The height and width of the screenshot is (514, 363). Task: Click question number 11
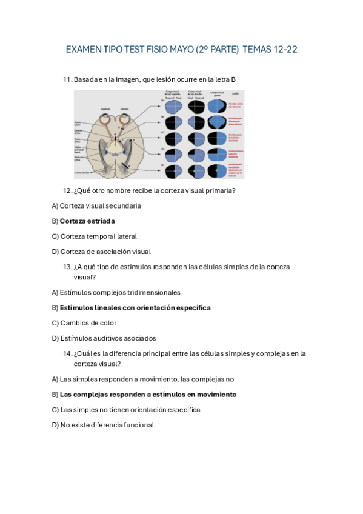[67, 79]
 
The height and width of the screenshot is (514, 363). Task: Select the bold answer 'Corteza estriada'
[87, 221]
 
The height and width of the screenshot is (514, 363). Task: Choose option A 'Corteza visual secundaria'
[100, 205]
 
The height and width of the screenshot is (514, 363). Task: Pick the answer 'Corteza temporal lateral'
[98, 236]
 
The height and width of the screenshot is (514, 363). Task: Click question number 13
[67, 267]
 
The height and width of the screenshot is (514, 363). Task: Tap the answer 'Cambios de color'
[88, 323]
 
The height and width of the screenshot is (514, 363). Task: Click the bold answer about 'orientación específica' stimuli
[135, 308]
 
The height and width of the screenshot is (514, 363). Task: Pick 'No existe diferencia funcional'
[107, 425]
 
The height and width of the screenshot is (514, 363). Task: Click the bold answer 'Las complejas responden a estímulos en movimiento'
[148, 394]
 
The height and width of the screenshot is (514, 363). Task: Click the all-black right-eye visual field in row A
[196, 107]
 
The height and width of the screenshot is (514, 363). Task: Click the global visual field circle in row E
[217, 171]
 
